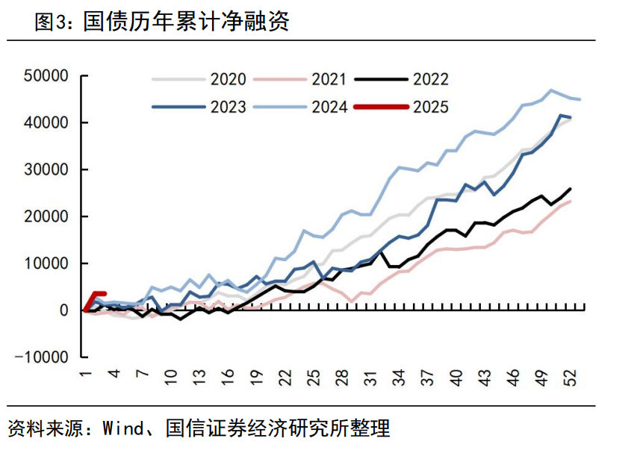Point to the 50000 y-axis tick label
(46, 76)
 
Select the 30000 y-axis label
(46, 169)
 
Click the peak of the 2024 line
(552, 90)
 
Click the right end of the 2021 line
(571, 200)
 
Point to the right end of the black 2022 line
(571, 189)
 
